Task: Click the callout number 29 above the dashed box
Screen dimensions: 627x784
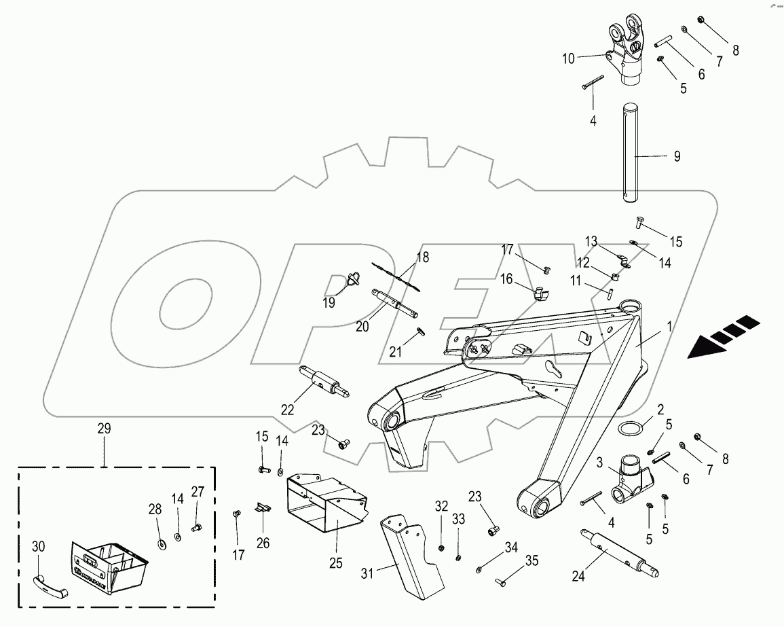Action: [x=104, y=429]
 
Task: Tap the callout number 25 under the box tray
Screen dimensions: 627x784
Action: [x=335, y=562]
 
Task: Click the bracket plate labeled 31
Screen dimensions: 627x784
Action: [x=411, y=554]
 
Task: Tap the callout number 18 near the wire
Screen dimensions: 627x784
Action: [x=422, y=257]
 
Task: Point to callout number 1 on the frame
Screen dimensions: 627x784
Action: [x=669, y=326]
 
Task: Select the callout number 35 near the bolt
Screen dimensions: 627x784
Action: [x=532, y=561]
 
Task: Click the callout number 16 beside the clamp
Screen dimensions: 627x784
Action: [x=507, y=279]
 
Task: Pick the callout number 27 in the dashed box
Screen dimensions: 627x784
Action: [x=198, y=492]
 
